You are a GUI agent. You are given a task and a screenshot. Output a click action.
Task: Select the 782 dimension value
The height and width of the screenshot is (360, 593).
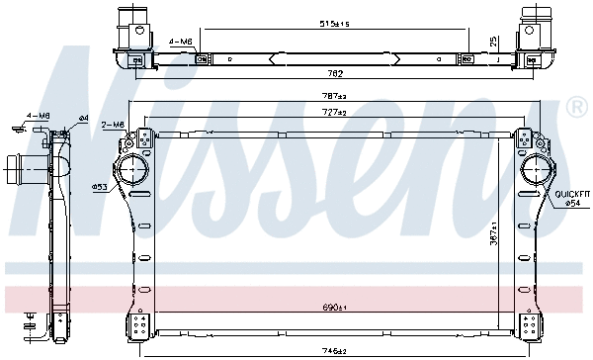pos(337,72)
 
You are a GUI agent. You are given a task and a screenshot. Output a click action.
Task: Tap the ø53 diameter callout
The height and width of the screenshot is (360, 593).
pos(100,186)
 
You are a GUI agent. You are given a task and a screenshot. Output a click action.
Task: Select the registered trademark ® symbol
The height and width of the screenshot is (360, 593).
pos(576,106)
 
